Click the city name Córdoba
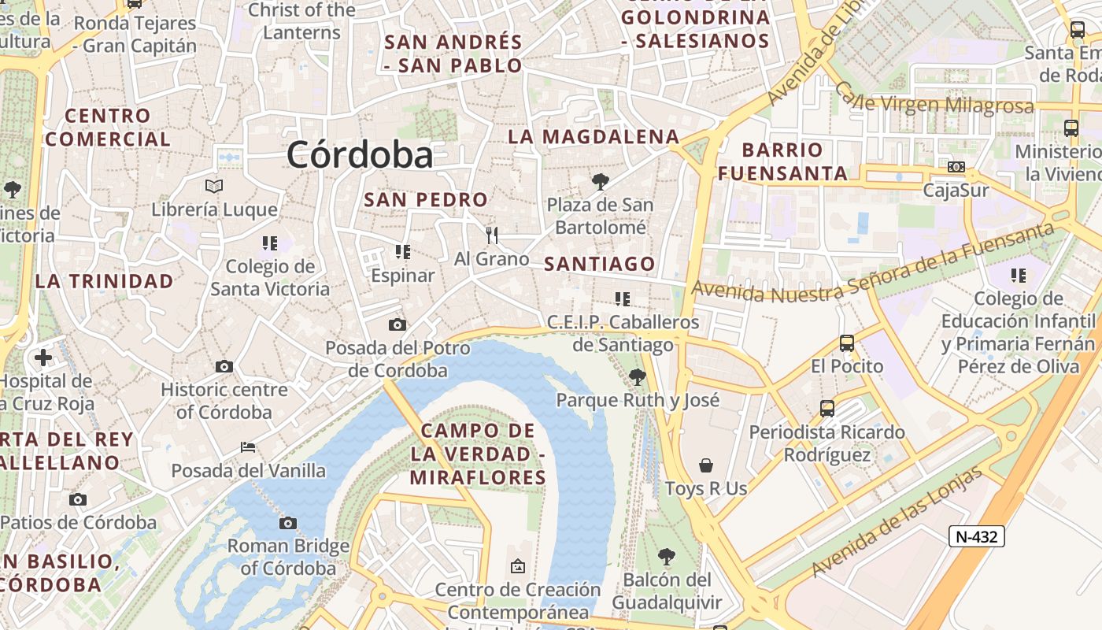pos(360,154)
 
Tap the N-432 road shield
pos(976,537)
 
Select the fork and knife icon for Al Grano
pos(492,235)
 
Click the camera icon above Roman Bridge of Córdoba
pos(288,523)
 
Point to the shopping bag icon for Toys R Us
pos(706,465)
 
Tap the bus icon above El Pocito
pos(847,343)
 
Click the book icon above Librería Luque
pos(214,187)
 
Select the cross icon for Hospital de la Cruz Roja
pos(43,358)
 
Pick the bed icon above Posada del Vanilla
pos(248,447)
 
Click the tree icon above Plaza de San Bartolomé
pos(601,183)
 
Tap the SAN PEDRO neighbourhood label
pos(426,200)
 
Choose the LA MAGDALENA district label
pos(594,136)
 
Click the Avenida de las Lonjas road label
pos(897,521)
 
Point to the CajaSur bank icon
pos(956,167)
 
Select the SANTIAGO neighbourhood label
pos(600,264)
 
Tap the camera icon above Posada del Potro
pos(398,324)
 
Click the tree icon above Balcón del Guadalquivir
pos(667,557)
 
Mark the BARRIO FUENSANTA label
pos(782,161)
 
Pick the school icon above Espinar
pos(403,252)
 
